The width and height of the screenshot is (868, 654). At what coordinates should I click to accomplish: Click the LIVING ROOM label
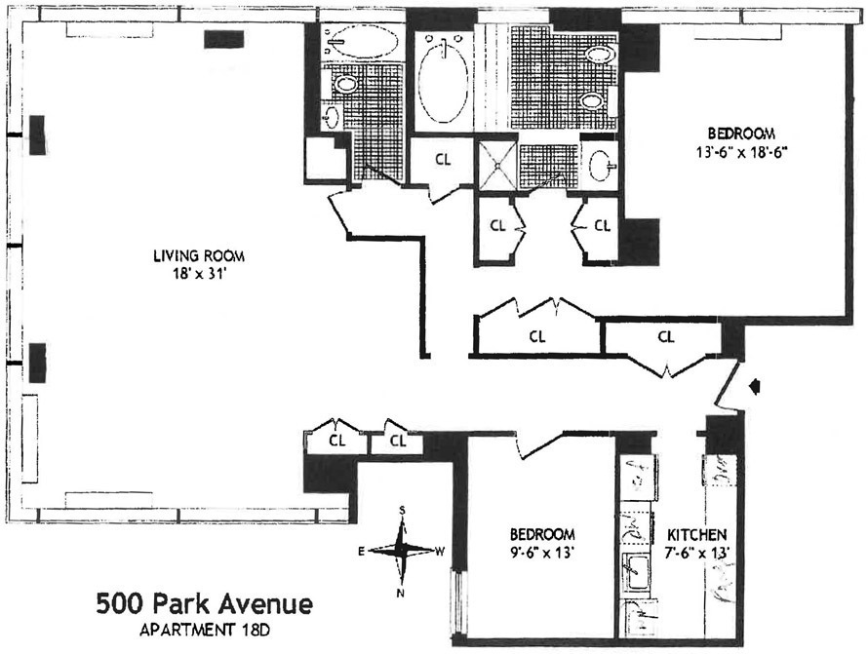point(198,257)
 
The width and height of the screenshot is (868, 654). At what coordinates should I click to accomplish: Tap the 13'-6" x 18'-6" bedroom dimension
point(741,151)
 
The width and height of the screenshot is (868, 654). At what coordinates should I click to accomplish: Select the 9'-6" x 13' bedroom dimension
point(542,553)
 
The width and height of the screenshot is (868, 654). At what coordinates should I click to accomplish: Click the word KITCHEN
point(696,536)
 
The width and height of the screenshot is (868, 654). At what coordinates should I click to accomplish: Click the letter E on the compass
point(362,552)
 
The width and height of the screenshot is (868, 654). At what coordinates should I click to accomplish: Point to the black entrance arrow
point(753,388)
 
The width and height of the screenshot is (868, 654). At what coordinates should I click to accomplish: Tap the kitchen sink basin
point(639,570)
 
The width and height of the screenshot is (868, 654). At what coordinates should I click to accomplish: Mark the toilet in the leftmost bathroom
point(344,84)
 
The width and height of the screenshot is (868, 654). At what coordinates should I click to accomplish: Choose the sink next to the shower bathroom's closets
point(599,164)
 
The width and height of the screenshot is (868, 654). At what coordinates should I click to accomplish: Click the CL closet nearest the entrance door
point(666,337)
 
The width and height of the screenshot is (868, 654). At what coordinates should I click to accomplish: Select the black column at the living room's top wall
point(224,38)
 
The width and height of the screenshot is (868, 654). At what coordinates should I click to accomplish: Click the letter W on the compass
point(440,552)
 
